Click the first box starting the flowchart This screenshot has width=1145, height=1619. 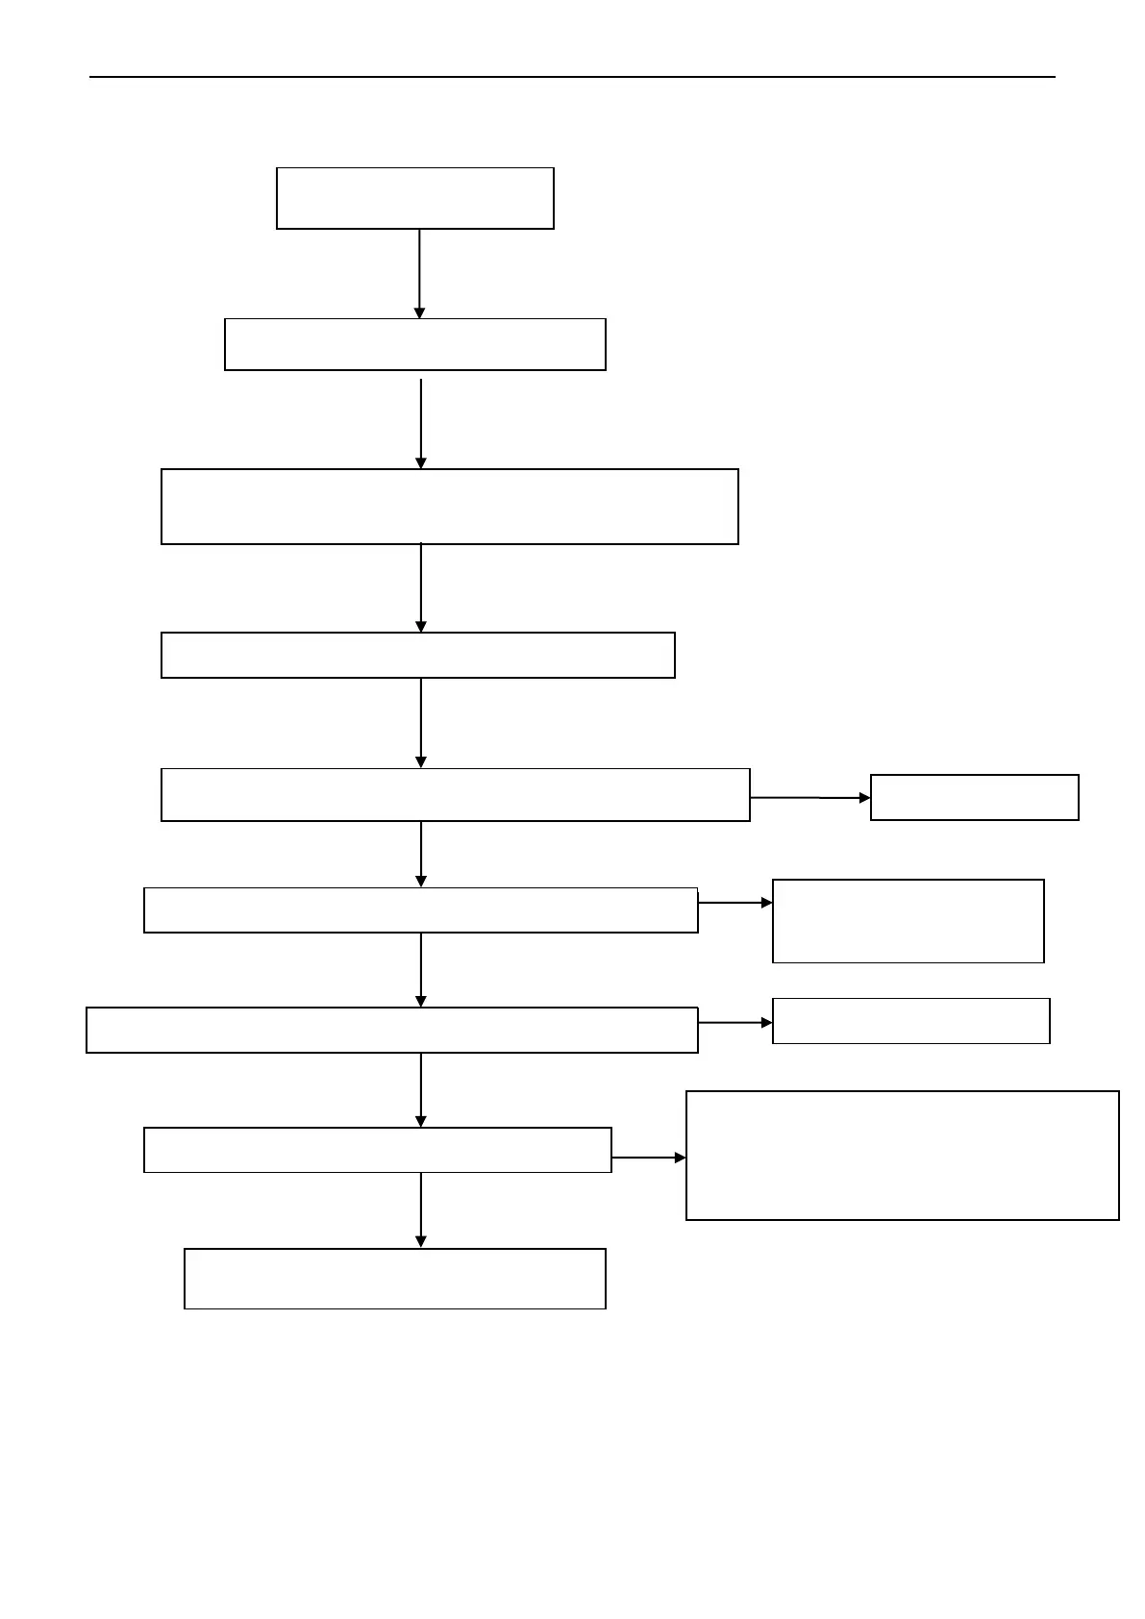(x=414, y=198)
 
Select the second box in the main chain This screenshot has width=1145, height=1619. (x=414, y=344)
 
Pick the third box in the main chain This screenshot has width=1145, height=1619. (x=449, y=507)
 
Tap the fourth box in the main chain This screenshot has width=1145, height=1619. (x=417, y=655)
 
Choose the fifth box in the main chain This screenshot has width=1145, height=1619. (x=455, y=794)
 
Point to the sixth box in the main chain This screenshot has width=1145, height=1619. (x=420, y=909)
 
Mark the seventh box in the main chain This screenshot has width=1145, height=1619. (x=391, y=1030)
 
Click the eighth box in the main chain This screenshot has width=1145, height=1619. (x=377, y=1149)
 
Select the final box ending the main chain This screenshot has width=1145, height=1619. (x=394, y=1278)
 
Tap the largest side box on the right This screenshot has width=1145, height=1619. (x=902, y=1155)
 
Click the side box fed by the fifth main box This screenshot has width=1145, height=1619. (x=974, y=797)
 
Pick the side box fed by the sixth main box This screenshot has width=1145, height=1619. (x=908, y=920)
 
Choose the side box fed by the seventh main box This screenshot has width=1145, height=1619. (x=910, y=1020)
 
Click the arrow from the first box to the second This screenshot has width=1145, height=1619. (x=419, y=273)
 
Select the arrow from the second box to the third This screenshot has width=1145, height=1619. (x=421, y=423)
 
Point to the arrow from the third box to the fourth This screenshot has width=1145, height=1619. (x=421, y=587)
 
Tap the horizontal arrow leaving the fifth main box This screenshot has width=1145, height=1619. (x=809, y=798)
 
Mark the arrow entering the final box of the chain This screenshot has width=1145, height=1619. (x=421, y=1209)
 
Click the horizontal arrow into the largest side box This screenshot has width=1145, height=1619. (x=649, y=1158)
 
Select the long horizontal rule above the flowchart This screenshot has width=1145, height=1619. (x=572, y=77)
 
